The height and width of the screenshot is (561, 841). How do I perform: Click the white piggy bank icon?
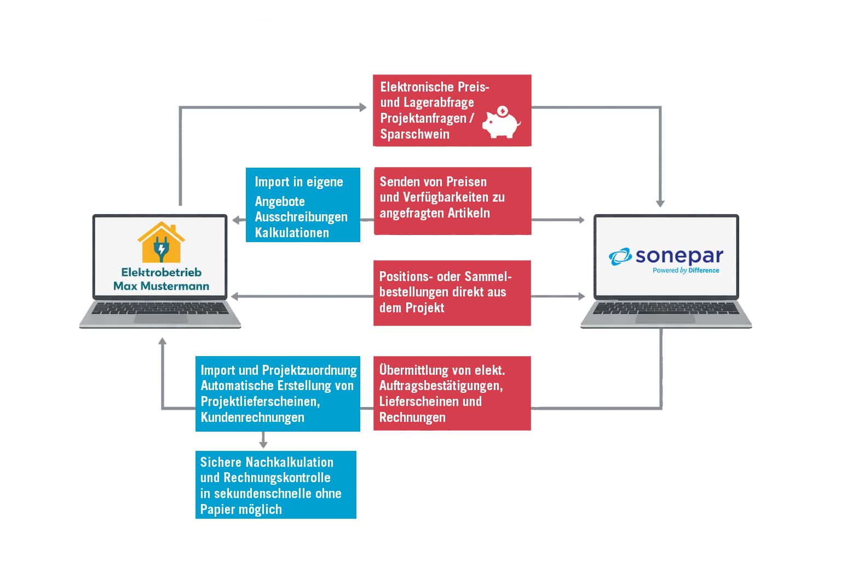(x=501, y=122)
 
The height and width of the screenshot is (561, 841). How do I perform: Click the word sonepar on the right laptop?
(x=679, y=255)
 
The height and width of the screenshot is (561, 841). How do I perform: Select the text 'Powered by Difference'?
(x=686, y=270)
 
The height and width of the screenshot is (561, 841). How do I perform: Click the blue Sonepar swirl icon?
(x=620, y=256)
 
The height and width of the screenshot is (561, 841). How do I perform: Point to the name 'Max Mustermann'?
(x=161, y=285)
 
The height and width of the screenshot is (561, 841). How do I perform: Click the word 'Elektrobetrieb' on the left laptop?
(x=161, y=272)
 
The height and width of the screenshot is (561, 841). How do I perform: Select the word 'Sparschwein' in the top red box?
(x=414, y=134)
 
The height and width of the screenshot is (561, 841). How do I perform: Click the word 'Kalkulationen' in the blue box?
(x=292, y=233)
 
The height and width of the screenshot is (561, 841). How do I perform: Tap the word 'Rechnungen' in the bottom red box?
(x=412, y=417)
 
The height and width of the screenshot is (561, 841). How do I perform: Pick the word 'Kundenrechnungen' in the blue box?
(x=252, y=417)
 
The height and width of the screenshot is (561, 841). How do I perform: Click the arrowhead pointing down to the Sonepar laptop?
(x=660, y=203)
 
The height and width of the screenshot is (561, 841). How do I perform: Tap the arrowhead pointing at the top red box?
(x=362, y=107)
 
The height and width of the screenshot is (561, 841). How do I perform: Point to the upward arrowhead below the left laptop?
(x=162, y=342)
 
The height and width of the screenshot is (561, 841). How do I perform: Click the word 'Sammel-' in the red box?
(x=487, y=276)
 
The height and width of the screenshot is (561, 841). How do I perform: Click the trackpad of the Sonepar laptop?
(x=665, y=318)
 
